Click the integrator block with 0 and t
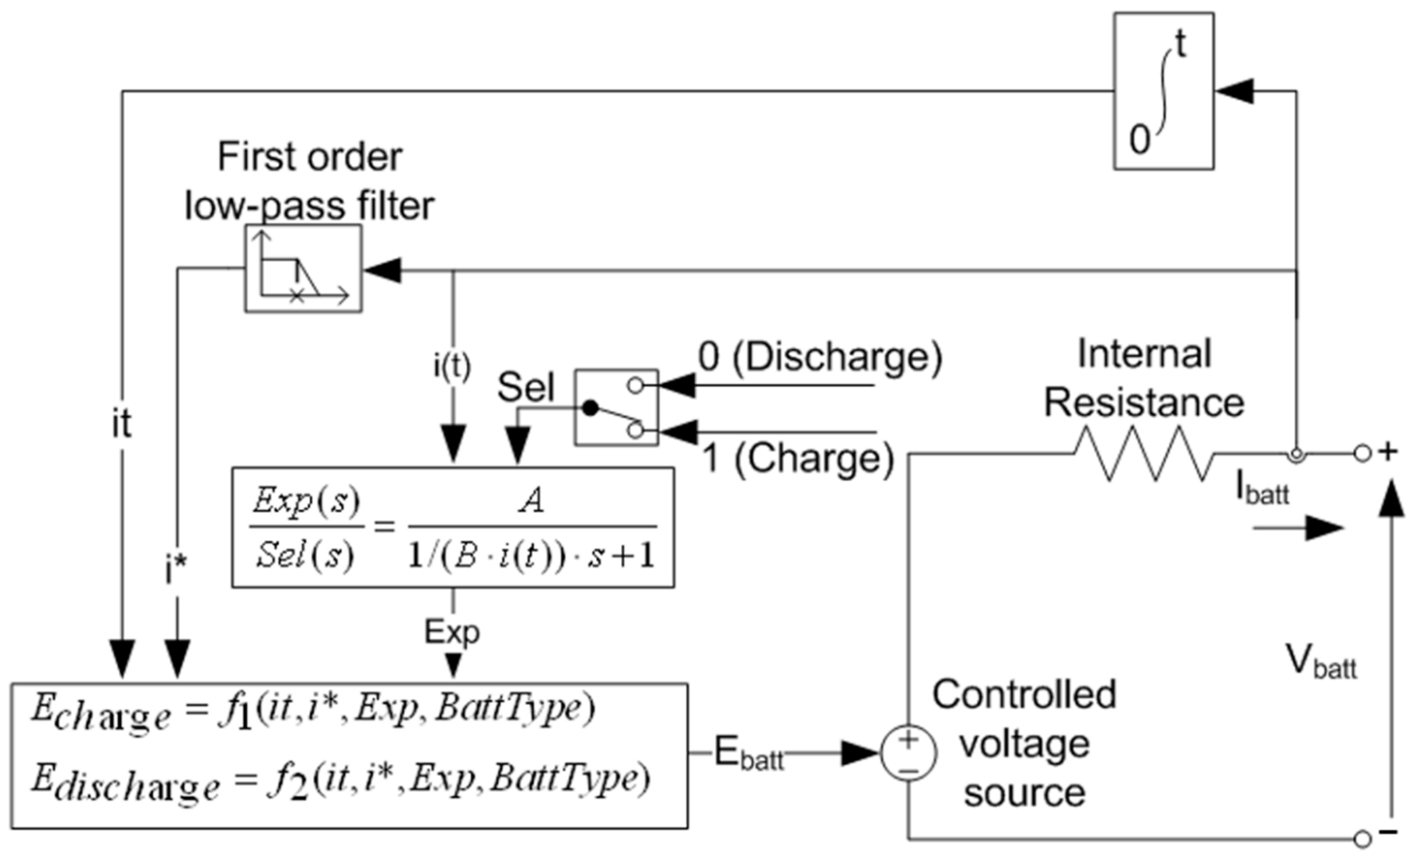(x=1163, y=91)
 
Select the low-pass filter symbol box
(x=304, y=268)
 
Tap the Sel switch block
(x=617, y=407)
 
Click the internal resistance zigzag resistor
(x=1143, y=454)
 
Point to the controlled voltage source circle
(x=908, y=753)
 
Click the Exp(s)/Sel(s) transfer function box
(x=453, y=528)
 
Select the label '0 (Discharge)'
(x=820, y=357)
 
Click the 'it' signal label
(x=121, y=424)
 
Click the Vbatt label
(x=1321, y=662)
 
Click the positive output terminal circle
(x=1362, y=454)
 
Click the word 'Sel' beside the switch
(x=525, y=387)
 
